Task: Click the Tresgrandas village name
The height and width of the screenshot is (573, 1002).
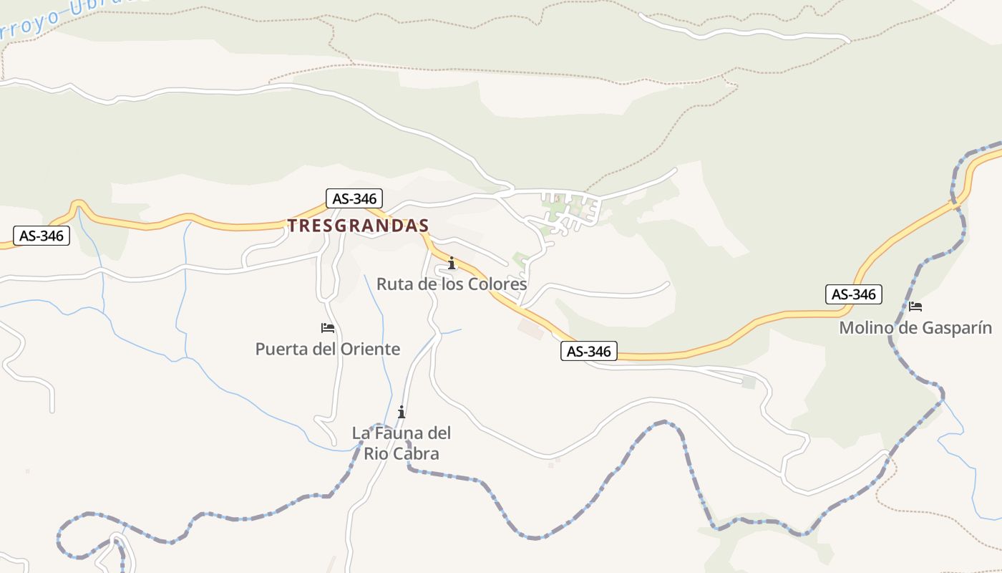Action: point(358,226)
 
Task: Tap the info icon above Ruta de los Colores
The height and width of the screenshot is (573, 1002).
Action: point(451,264)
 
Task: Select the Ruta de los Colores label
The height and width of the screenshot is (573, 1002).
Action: point(452,284)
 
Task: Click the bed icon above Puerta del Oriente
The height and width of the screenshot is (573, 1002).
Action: point(328,328)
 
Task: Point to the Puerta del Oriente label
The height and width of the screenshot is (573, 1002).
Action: point(328,350)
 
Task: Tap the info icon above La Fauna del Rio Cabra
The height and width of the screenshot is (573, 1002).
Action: point(402,412)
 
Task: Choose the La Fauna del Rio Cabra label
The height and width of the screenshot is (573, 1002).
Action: point(402,443)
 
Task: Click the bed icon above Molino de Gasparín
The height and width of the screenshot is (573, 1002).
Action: point(915,307)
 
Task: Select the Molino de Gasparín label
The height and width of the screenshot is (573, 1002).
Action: point(915,328)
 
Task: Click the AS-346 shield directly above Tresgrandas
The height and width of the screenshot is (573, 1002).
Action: point(354,198)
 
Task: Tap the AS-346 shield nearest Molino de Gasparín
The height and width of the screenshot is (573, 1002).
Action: point(854,294)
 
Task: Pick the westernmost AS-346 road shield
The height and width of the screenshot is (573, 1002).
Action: point(42,236)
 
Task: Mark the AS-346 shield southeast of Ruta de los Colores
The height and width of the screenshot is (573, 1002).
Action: point(588,351)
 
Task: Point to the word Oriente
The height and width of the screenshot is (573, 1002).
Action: point(372,350)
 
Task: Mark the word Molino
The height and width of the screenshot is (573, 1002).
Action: point(866,328)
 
